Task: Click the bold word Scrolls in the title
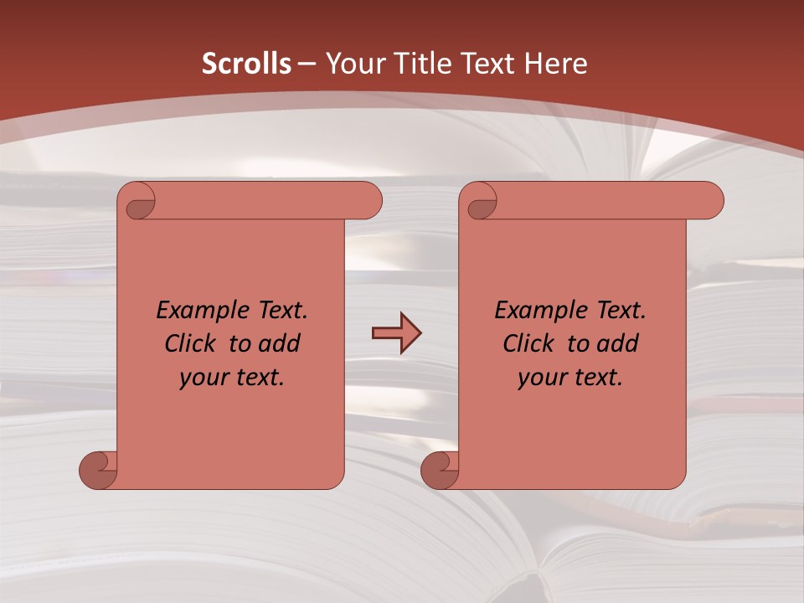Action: [x=246, y=64]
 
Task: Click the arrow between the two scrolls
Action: [x=396, y=333]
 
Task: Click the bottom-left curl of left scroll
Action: [x=97, y=469]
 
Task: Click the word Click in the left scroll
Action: [x=193, y=343]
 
